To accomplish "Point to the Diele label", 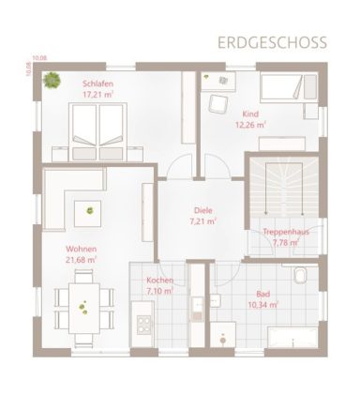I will pos(202,211).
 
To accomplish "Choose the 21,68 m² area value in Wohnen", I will pos(82,260).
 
